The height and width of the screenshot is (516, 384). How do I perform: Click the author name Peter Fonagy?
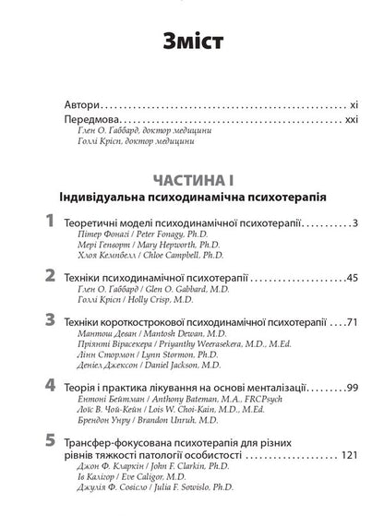[169, 239]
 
